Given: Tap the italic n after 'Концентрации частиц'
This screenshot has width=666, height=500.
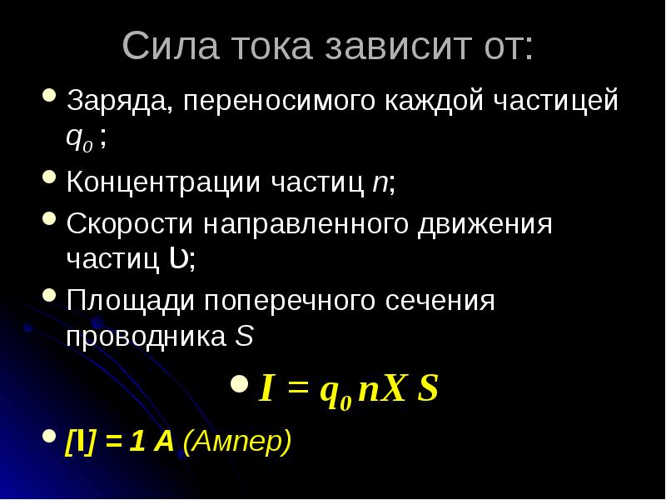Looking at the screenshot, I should tap(379, 182).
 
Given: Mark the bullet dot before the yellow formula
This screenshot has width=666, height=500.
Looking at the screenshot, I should tap(241, 384).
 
